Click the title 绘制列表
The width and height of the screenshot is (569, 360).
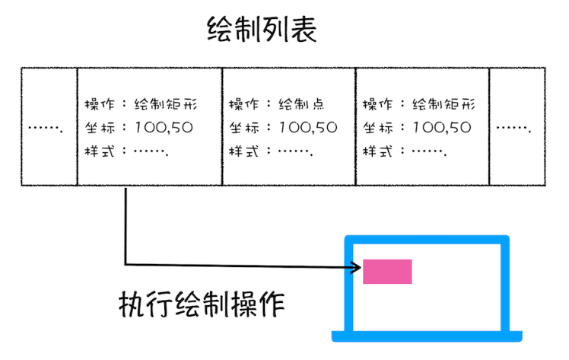tap(261, 31)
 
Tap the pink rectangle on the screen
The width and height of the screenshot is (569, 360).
tap(387, 272)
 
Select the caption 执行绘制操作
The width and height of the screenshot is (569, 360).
tap(202, 306)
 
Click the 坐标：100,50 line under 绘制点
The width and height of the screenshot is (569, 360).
tap(282, 128)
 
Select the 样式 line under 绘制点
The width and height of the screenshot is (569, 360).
tap(267, 151)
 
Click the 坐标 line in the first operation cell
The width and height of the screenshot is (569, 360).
tap(138, 128)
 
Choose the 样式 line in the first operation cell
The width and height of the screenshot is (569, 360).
tap(126, 151)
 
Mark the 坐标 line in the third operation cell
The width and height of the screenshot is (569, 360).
tap(416, 128)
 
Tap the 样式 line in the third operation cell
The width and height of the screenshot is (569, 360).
tap(404, 151)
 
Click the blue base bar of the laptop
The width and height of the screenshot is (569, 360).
tap(427, 335)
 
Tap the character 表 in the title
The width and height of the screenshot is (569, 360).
tap(303, 31)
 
